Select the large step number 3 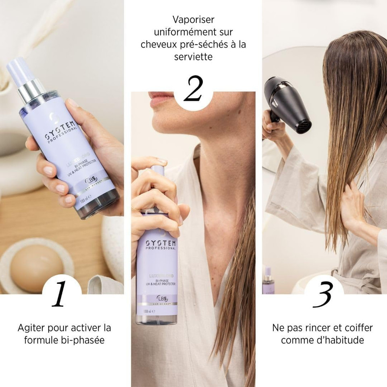click(x=324, y=294)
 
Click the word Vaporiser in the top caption click(x=193, y=19)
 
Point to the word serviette click(x=193, y=57)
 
